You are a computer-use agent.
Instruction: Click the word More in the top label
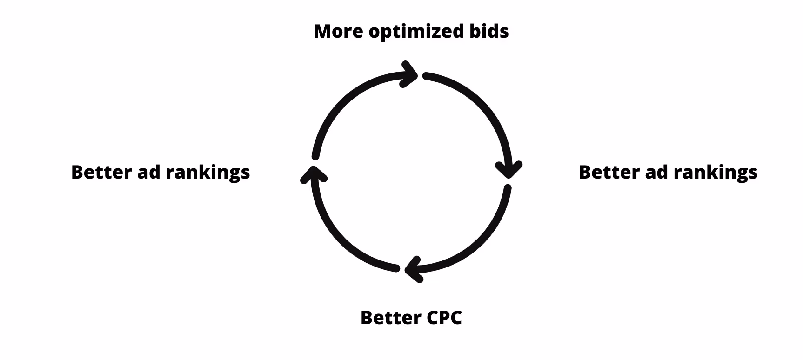point(338,31)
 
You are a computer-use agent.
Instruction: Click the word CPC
point(444,318)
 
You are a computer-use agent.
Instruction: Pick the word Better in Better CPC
point(390,318)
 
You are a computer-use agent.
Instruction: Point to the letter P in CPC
point(444,318)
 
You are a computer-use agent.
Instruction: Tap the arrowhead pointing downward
point(509,168)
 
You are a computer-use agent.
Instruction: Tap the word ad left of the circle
point(147,172)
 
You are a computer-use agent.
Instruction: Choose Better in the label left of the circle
point(101,172)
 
